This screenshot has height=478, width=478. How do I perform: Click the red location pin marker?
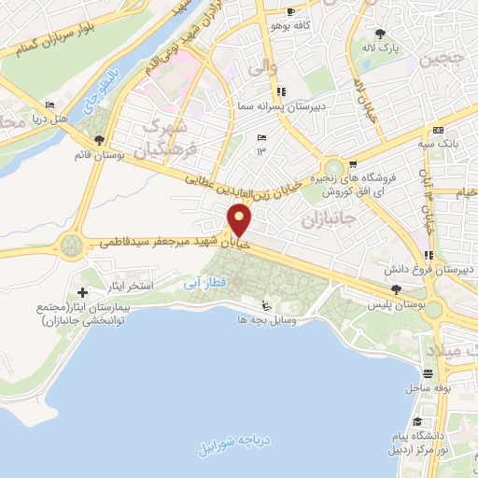241,221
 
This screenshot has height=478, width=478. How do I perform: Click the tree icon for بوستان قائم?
89,142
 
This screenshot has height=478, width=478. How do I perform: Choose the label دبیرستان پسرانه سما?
283,105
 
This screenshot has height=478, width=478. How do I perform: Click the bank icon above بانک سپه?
438,130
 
